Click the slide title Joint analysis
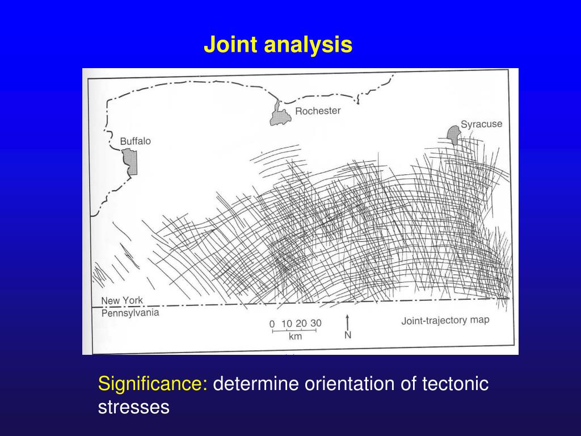pyautogui.click(x=278, y=44)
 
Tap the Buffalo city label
pyautogui.click(x=135, y=141)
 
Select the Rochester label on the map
pyautogui.click(x=317, y=111)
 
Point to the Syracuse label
pyautogui.click(x=481, y=124)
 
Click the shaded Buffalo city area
pyautogui.click(x=132, y=162)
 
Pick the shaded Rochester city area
pyautogui.click(x=280, y=116)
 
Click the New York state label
pyautogui.click(x=122, y=300)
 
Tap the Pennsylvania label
pyautogui.click(x=130, y=313)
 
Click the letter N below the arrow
pyautogui.click(x=348, y=335)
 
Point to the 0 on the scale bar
pyautogui.click(x=272, y=324)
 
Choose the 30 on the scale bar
pyautogui.click(x=315, y=323)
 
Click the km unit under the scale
pyautogui.click(x=295, y=337)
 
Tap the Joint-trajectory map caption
pyautogui.click(x=445, y=320)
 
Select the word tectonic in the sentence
pyautogui.click(x=455, y=384)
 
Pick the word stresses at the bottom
pyautogui.click(x=134, y=407)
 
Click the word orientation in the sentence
pyautogui.click(x=346, y=384)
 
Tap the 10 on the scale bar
pyautogui.click(x=287, y=324)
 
